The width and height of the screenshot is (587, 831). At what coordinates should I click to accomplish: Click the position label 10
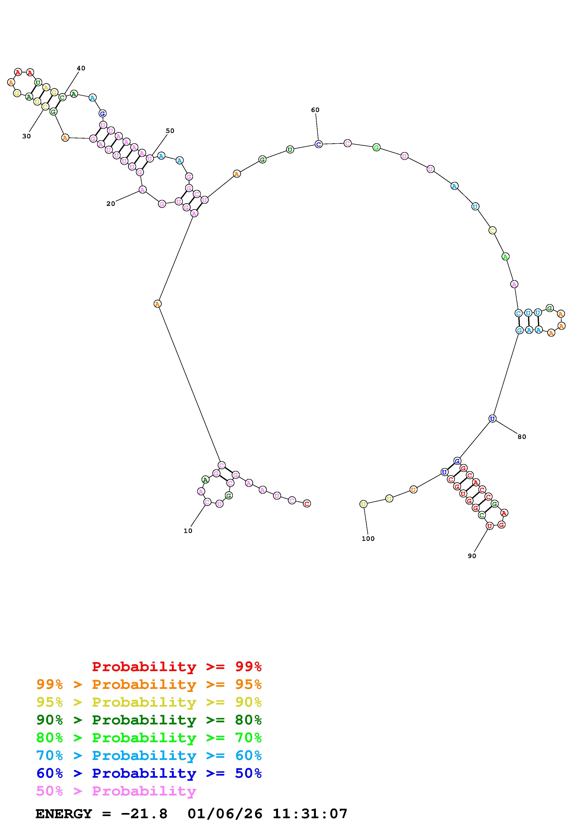click(x=188, y=531)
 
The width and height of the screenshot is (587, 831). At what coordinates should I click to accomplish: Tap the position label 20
click(x=111, y=204)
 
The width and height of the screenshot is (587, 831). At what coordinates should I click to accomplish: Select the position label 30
click(x=27, y=136)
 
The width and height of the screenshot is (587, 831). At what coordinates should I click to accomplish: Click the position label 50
click(x=170, y=131)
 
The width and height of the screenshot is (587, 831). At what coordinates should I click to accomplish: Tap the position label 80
click(x=522, y=437)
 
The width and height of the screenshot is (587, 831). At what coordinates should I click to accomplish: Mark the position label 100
click(x=368, y=538)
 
